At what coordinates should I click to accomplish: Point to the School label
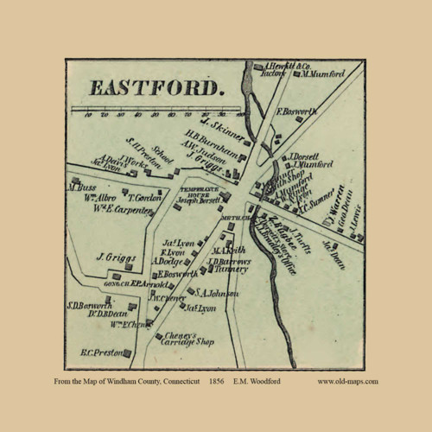[163, 155]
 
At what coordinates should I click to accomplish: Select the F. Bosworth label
[296, 111]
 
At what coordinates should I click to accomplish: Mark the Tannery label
[234, 269]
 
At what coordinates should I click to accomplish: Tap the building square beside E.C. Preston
[127, 351]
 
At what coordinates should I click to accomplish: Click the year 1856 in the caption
[218, 381]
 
